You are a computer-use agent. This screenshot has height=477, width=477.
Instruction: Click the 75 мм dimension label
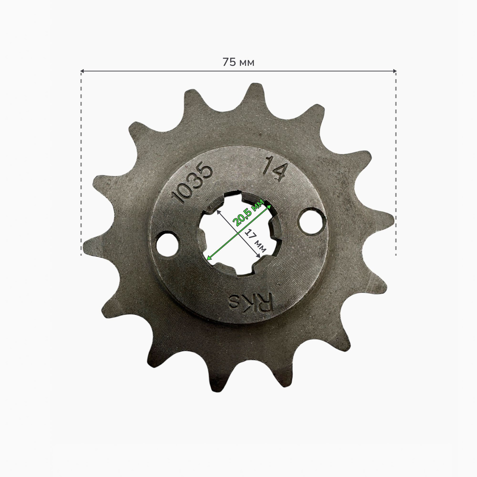238,62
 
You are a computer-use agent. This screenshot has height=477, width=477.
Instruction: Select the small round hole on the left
168,244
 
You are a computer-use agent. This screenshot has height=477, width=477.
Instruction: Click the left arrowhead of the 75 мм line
82,71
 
